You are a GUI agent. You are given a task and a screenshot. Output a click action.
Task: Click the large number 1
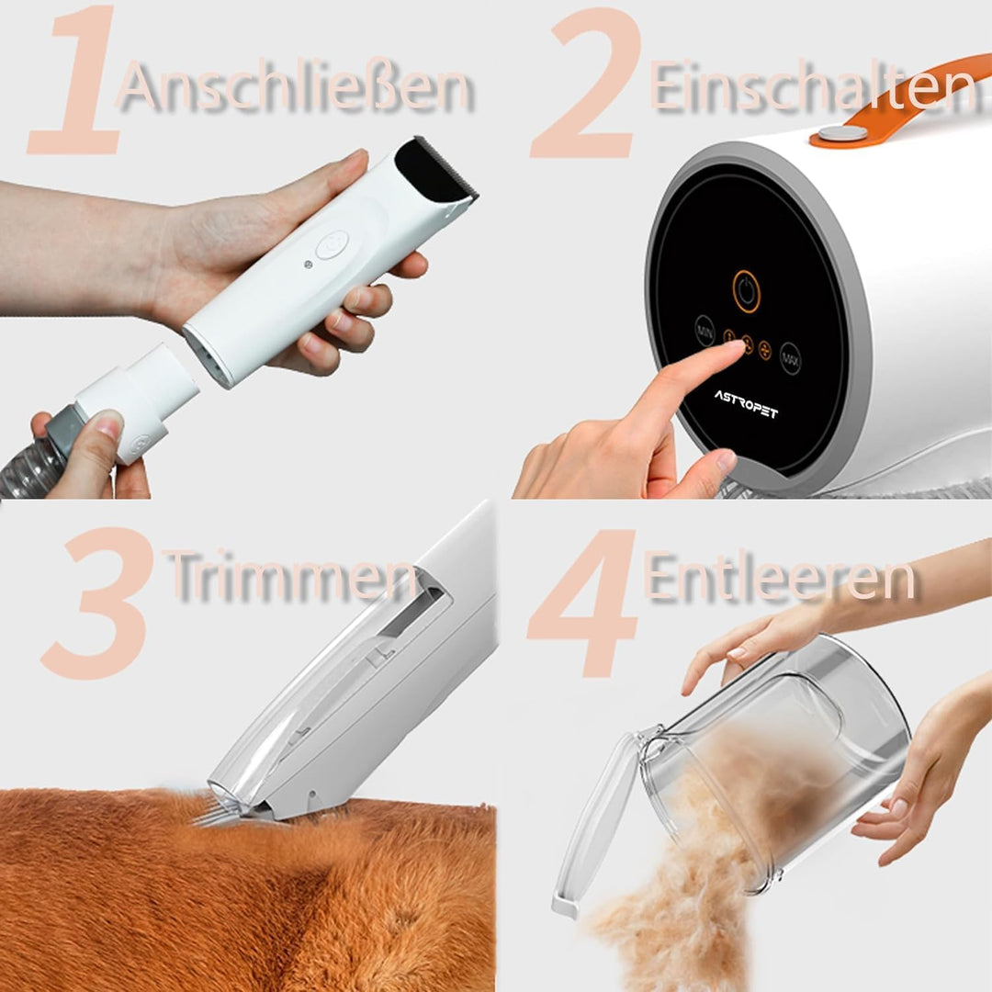pyautogui.click(x=78, y=83)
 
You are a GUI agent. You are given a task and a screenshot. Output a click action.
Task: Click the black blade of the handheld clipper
pyautogui.click(x=437, y=170)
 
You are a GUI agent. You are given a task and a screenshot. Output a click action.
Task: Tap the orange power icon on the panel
pyautogui.click(x=746, y=291)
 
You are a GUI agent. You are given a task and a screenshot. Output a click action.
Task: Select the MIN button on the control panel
pyautogui.click(x=705, y=331)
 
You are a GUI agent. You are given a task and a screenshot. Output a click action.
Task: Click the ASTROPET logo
pyautogui.click(x=746, y=403)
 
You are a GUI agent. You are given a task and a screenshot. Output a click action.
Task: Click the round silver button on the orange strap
pyautogui.click(x=841, y=133)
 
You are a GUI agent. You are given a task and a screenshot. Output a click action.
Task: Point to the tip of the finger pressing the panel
pyautogui.click(x=734, y=350)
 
